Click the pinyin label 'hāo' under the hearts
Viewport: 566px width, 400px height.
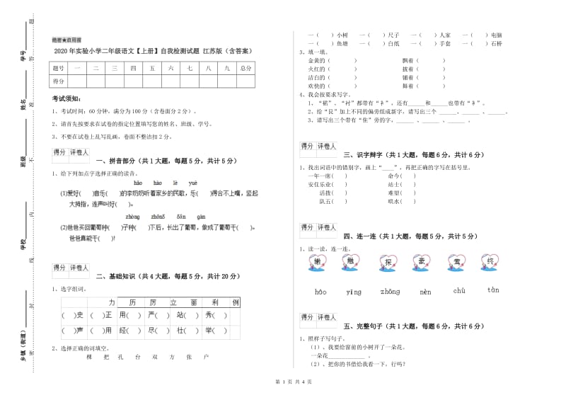tap(320, 292)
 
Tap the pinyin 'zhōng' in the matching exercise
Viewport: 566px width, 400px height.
tap(389, 292)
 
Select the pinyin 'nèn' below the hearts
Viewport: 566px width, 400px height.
tap(425, 292)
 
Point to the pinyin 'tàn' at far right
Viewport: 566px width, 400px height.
tap(493, 290)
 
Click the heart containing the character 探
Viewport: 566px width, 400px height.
tap(387, 263)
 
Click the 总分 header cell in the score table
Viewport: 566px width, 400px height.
tap(246, 69)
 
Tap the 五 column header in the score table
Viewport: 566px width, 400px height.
tap(151, 69)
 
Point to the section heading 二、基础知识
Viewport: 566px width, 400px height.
tap(168, 277)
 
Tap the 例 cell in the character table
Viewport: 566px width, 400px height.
tap(236, 302)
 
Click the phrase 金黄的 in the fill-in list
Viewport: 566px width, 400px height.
tap(316, 61)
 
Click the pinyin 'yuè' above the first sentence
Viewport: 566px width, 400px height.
tap(192, 183)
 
